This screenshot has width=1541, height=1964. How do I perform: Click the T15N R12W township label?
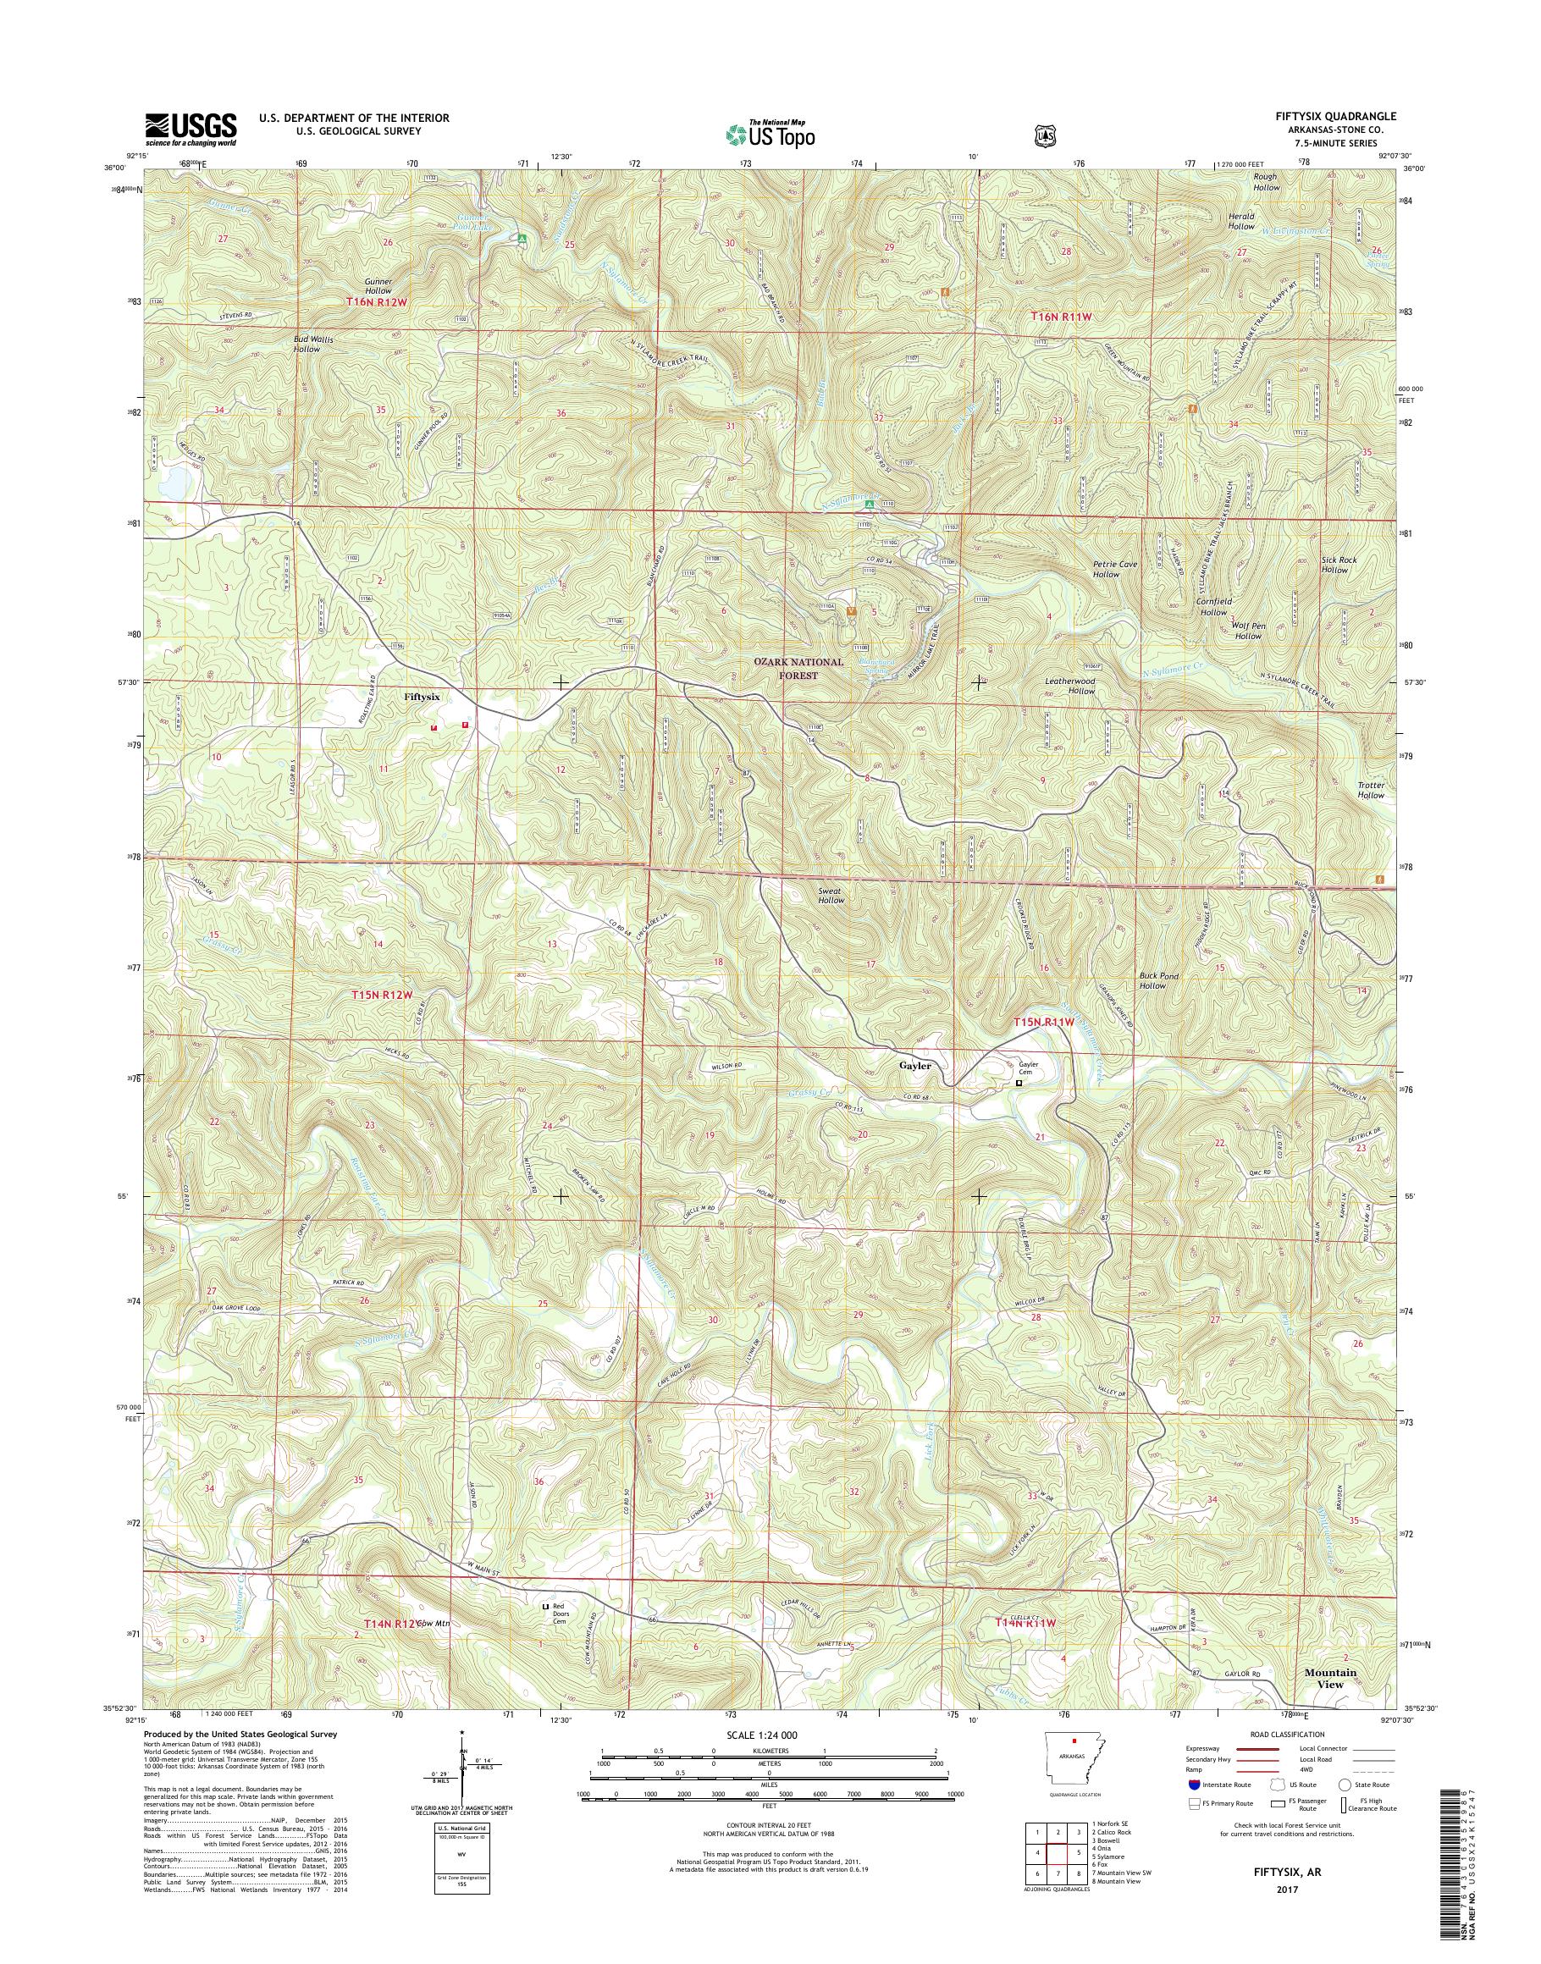(387, 995)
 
